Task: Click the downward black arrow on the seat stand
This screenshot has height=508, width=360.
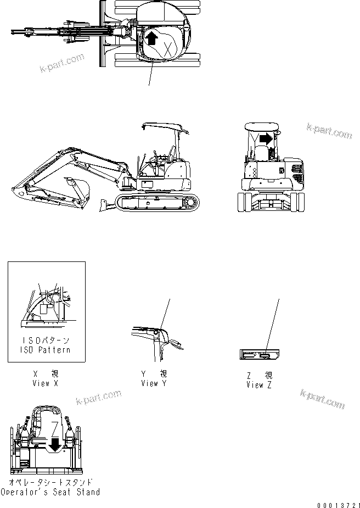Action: tap(54, 442)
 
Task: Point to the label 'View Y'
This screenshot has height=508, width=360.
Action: tap(154, 383)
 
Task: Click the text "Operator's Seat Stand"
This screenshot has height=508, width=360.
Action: tap(50, 492)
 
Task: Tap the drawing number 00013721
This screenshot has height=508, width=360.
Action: tap(336, 504)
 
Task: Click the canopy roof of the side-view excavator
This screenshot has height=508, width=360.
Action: tap(165, 126)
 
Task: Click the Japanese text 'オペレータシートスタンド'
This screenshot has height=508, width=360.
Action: tap(50, 483)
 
